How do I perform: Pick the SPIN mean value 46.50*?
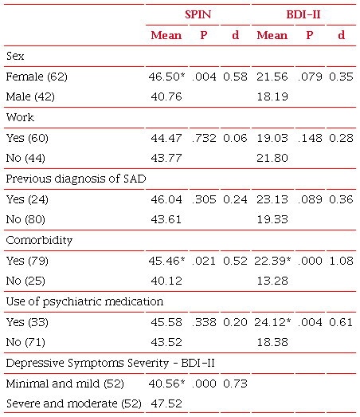(x=168, y=77)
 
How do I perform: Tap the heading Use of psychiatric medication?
(x=84, y=301)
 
